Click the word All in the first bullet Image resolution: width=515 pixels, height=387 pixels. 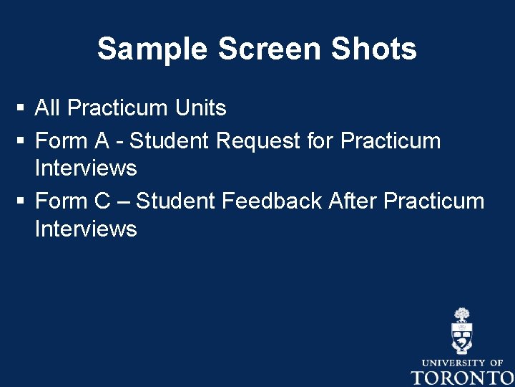click(x=48, y=108)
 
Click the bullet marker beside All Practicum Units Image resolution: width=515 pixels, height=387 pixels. click(x=21, y=109)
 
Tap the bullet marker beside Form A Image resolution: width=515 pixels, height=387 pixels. click(x=21, y=140)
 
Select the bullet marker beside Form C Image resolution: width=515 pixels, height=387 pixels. click(x=21, y=201)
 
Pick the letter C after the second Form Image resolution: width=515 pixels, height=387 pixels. click(x=103, y=201)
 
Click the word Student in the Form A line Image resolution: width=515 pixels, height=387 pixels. click(x=169, y=140)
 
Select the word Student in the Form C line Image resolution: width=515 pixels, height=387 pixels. click(x=175, y=201)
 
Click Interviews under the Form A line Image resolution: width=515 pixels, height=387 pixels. click(x=85, y=168)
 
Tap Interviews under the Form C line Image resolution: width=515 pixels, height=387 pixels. click(x=85, y=229)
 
